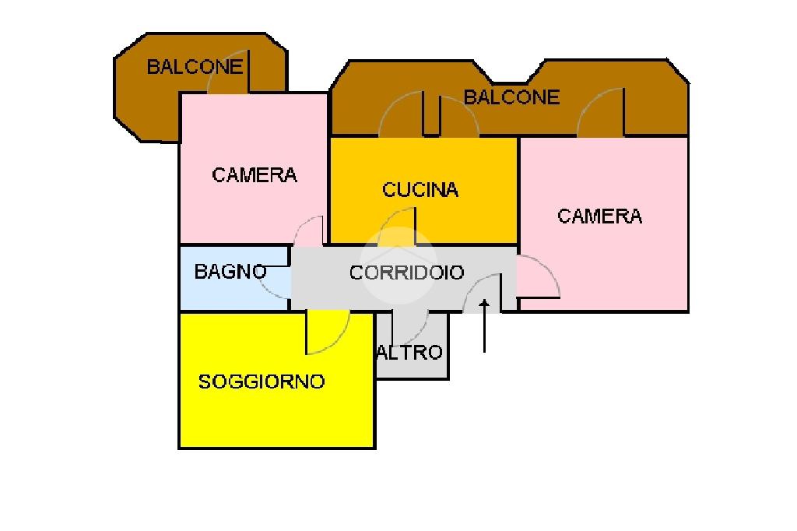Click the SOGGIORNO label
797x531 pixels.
pos(262,382)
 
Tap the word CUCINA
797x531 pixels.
pos(420,190)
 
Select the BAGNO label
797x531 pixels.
pos(230,273)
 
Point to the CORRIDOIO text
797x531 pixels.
pos(406,273)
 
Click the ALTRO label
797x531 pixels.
pos(409,353)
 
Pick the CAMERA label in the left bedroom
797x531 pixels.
pos(255,175)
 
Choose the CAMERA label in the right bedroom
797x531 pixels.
pos(600,216)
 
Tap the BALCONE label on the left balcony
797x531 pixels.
pos(195,67)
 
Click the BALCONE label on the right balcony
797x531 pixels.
pos(511,97)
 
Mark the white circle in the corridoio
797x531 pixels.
pos(398,265)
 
